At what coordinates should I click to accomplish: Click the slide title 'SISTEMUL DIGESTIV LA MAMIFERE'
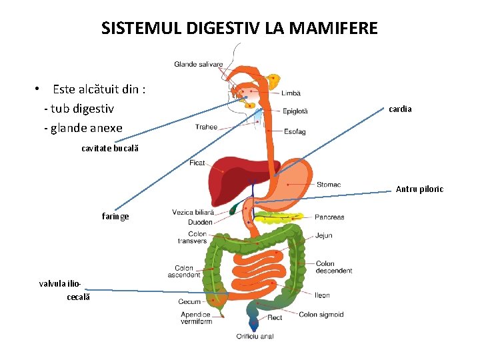pos(239,29)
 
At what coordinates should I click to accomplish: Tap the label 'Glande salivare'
pos(199,65)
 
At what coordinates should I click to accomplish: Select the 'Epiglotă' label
pos(295,111)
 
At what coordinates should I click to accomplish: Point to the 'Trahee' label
pos(206,127)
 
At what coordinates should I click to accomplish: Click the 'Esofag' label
pos(295,132)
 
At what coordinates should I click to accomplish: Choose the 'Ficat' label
pos(197,163)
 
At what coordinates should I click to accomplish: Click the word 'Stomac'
pos(329,185)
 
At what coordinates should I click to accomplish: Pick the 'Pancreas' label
pos(329,217)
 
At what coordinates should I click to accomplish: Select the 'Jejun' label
pos(323,235)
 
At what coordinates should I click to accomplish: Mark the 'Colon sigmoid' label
pos(321,315)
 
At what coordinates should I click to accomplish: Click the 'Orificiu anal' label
pos(255,337)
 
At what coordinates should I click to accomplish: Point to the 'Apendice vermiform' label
pos(196,318)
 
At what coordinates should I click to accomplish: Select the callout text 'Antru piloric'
pos(419,189)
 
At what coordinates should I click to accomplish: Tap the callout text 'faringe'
pos(115,216)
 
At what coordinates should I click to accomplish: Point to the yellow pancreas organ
pos(280,217)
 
